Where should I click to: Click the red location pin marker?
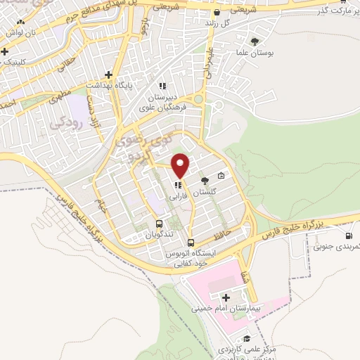click(x=181, y=166)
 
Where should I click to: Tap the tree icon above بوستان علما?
click(x=255, y=41)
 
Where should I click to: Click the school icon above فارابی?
click(x=176, y=186)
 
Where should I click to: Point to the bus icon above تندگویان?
click(x=160, y=225)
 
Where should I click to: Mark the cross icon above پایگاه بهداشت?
click(x=108, y=75)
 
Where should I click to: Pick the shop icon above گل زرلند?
click(x=217, y=13)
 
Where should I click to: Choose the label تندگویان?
click(x=160, y=236)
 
